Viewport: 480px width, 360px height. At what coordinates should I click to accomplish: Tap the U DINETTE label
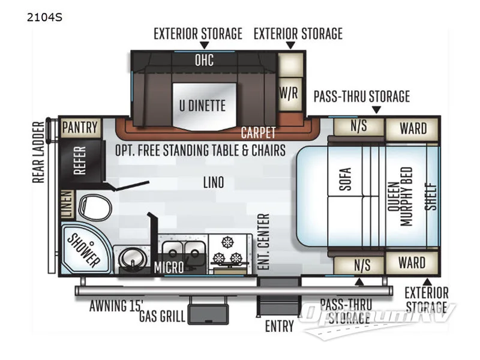pyautogui.click(x=202, y=106)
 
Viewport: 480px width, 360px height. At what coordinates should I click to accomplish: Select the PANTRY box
pyautogui.click(x=79, y=127)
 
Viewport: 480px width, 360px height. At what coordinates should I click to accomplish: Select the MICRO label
pyautogui.click(x=168, y=267)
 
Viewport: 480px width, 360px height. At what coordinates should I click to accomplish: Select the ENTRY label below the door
pyautogui.click(x=280, y=326)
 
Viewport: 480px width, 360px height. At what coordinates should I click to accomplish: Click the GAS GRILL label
pyautogui.click(x=163, y=316)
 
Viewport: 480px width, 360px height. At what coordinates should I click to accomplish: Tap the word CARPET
pyautogui.click(x=258, y=133)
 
